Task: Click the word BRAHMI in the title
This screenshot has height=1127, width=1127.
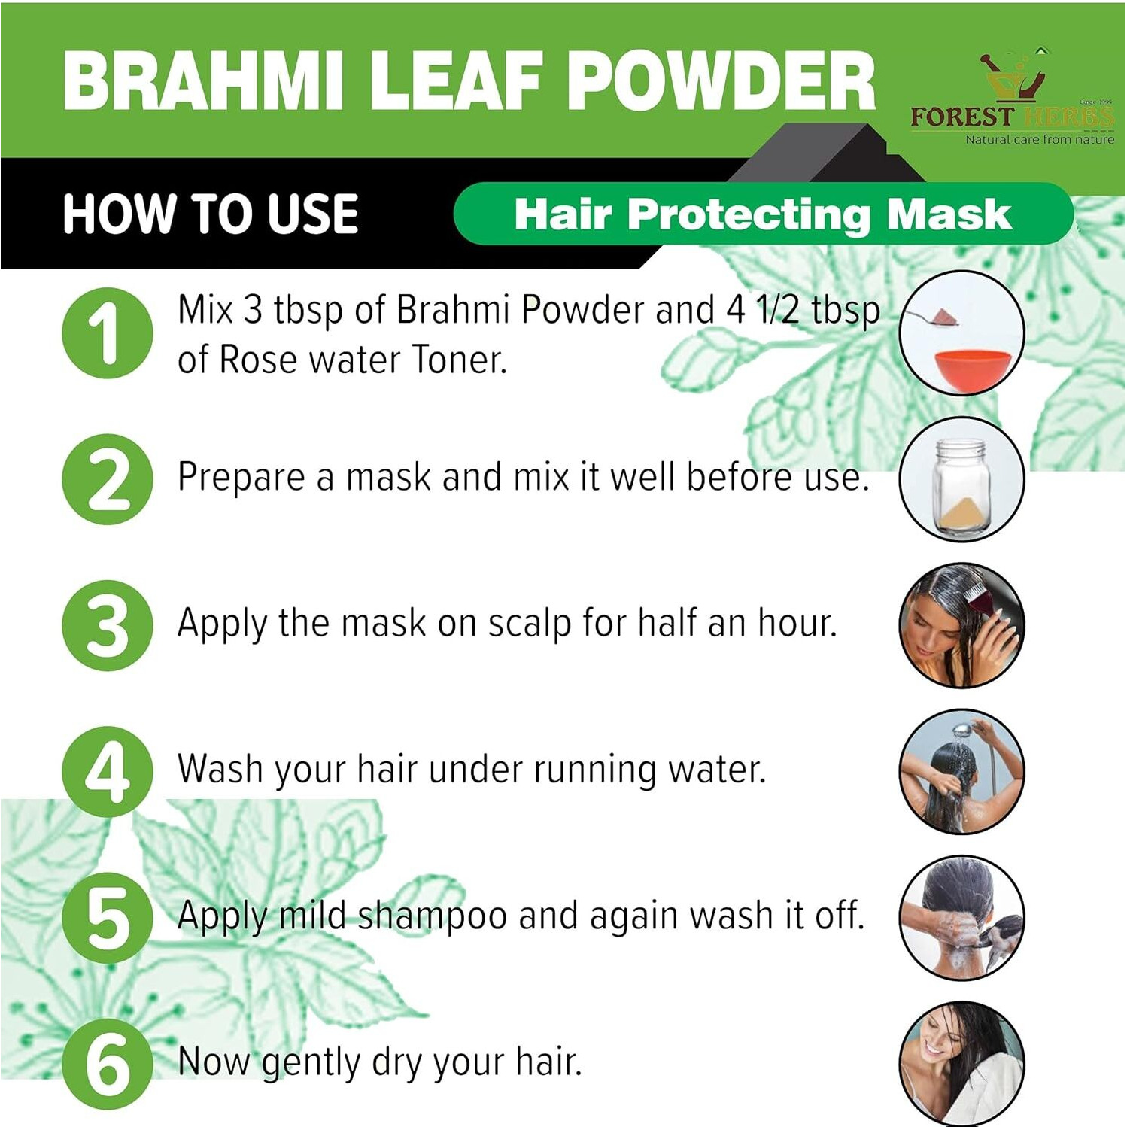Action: tap(203, 81)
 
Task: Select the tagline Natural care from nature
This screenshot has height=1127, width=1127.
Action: tap(1039, 140)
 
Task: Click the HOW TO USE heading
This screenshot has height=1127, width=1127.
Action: tap(211, 214)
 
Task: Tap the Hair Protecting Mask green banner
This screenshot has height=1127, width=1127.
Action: tap(763, 214)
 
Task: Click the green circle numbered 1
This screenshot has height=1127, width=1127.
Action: tap(108, 333)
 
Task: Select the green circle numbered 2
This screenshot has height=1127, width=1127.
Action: tap(108, 479)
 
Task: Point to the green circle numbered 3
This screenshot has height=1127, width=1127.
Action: tap(108, 625)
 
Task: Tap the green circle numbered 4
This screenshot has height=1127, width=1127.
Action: tap(108, 771)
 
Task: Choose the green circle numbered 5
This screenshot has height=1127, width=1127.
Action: tap(108, 918)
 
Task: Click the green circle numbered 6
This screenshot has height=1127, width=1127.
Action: tap(108, 1064)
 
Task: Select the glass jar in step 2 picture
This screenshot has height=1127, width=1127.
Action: tap(958, 485)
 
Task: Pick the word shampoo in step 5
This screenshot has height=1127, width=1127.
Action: tap(432, 916)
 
